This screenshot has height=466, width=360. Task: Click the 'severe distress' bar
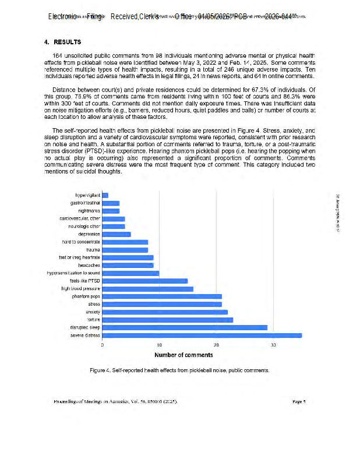[x=202, y=336]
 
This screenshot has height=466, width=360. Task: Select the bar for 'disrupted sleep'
[x=185, y=327]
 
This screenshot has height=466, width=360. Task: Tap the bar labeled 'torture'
[x=168, y=320]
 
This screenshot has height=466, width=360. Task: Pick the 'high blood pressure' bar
[x=148, y=288]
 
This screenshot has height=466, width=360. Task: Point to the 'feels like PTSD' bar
[x=145, y=281]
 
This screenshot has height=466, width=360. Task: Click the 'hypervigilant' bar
[x=105, y=195]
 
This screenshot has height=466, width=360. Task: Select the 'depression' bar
[x=117, y=234]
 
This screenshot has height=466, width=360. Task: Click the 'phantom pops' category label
[x=86, y=296]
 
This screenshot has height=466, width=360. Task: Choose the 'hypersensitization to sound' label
[x=74, y=273]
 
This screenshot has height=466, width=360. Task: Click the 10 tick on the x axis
[x=159, y=345]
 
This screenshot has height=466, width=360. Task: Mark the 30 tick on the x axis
[x=273, y=345]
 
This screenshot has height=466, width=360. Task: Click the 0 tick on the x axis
[x=103, y=345]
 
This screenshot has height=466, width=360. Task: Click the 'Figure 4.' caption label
[x=100, y=370]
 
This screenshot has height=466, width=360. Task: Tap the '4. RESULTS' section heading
[x=62, y=42]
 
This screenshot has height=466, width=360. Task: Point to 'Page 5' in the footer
[x=299, y=401]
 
